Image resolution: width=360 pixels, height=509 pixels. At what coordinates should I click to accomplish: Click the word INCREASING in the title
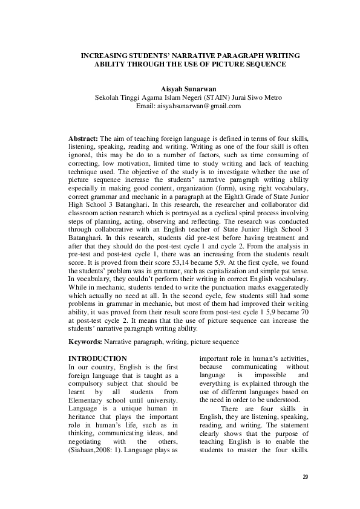pos(105,55)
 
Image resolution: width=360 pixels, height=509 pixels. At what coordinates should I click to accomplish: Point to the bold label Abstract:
pos(83,138)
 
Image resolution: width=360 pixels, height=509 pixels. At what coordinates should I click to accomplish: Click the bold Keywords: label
pos(85,342)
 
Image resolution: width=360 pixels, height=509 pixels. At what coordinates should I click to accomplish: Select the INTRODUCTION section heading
pos(97,358)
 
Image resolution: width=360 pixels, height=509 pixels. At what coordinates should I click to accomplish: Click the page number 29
pos(305,478)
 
